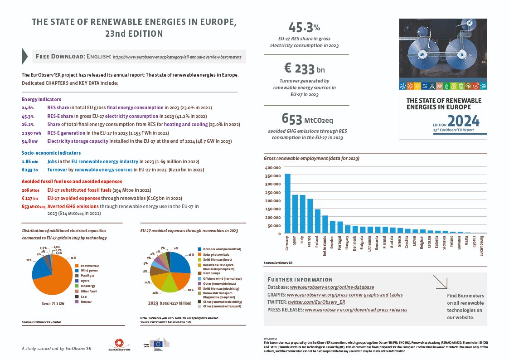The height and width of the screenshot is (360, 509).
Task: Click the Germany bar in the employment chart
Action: [287, 204]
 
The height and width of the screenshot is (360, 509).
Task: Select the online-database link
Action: [332, 287]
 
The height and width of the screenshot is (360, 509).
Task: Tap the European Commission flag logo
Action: [159, 344]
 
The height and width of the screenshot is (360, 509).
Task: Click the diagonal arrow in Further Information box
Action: [440, 282]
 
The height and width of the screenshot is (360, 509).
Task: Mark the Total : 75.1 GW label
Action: [50, 304]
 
